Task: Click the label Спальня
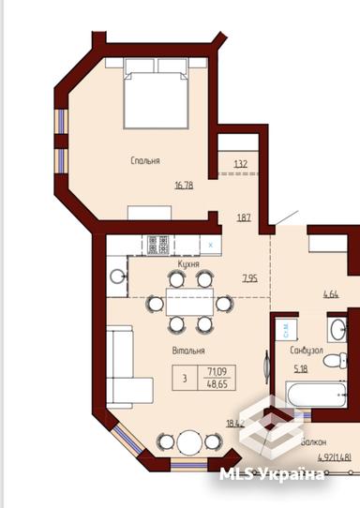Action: pyautogui.click(x=144, y=161)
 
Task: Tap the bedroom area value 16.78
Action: pyautogui.click(x=185, y=185)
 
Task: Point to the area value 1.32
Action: pyautogui.click(x=240, y=165)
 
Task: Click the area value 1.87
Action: pyautogui.click(x=243, y=217)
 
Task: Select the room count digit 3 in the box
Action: pyautogui.click(x=185, y=379)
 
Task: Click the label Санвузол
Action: pyautogui.click(x=307, y=351)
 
